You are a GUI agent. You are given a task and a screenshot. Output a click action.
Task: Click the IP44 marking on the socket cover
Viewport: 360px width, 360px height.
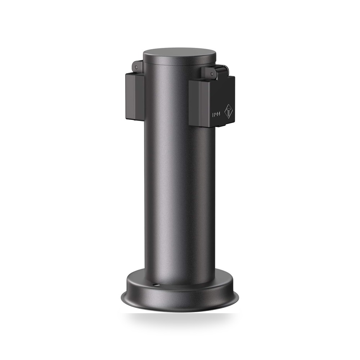(216, 114)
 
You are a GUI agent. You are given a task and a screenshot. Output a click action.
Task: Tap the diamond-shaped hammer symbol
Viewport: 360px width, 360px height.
(229, 112)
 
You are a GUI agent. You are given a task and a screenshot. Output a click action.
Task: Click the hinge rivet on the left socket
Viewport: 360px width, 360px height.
(136, 67)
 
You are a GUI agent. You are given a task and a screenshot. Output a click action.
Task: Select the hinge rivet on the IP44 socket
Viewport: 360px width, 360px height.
(212, 74)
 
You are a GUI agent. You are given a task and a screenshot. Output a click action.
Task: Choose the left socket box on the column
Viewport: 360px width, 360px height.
(135, 96)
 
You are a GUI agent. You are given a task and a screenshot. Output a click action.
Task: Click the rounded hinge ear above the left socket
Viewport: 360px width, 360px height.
(137, 67)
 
